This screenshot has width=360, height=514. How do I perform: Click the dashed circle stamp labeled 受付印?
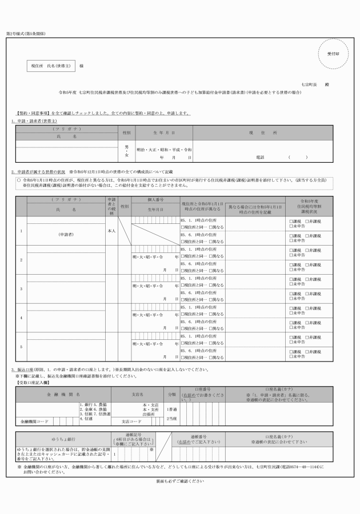click(x=333, y=53)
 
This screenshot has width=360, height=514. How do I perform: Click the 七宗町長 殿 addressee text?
click(x=316, y=84)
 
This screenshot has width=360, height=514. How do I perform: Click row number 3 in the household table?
click(x=21, y=288)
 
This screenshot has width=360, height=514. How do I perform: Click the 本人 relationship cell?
click(x=111, y=231)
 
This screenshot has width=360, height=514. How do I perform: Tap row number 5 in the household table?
click(x=21, y=346)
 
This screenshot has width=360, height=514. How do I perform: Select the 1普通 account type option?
click(x=171, y=409)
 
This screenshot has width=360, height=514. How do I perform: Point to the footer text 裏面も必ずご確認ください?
click(x=179, y=481)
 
